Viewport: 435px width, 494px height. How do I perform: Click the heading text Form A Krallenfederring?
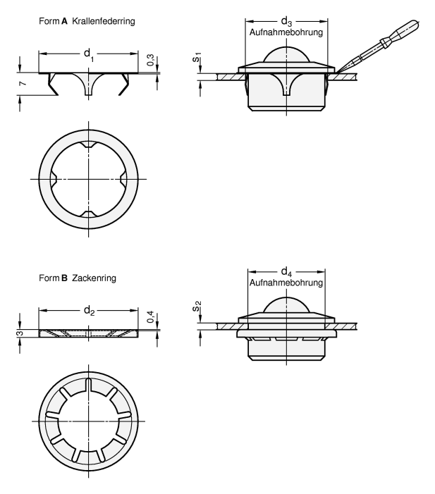click(87, 22)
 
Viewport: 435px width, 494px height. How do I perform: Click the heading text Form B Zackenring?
click(78, 278)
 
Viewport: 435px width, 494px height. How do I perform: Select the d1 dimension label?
click(87, 53)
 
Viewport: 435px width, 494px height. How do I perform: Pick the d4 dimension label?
click(286, 272)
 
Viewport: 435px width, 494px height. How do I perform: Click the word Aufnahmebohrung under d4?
click(286, 283)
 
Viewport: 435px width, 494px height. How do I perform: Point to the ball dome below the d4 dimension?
click(286, 304)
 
